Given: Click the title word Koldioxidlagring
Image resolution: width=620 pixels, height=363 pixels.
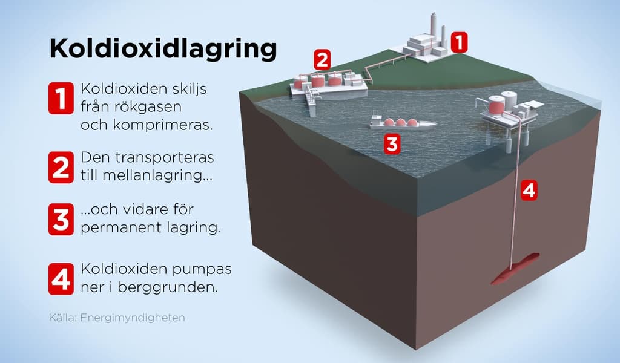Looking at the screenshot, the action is click(x=163, y=50).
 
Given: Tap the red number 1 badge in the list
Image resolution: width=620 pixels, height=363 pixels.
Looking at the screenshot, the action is click(x=61, y=98).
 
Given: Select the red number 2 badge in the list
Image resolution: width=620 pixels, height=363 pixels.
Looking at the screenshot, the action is click(x=61, y=167).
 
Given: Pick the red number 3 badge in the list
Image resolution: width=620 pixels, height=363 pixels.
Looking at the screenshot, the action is click(x=61, y=219).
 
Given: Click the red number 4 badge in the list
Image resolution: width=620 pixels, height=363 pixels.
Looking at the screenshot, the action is click(x=61, y=279).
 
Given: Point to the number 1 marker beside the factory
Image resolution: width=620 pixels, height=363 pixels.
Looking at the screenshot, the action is click(x=459, y=42).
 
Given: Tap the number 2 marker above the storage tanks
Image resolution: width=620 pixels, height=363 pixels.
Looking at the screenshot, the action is click(x=322, y=60).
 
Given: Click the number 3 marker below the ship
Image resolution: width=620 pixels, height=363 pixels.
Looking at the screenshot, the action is click(x=392, y=144).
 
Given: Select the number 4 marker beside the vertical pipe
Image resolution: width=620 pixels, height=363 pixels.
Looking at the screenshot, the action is click(x=529, y=191).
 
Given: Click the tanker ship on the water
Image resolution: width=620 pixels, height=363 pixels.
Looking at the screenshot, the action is click(x=403, y=122).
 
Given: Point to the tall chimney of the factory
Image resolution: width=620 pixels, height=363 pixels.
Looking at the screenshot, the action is click(x=434, y=30).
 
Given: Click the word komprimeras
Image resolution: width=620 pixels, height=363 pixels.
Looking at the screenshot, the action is click(x=162, y=125).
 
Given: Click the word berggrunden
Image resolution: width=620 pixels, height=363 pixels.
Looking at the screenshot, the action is click(x=168, y=287).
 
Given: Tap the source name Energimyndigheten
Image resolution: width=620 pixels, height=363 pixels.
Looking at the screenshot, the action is click(x=133, y=318).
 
